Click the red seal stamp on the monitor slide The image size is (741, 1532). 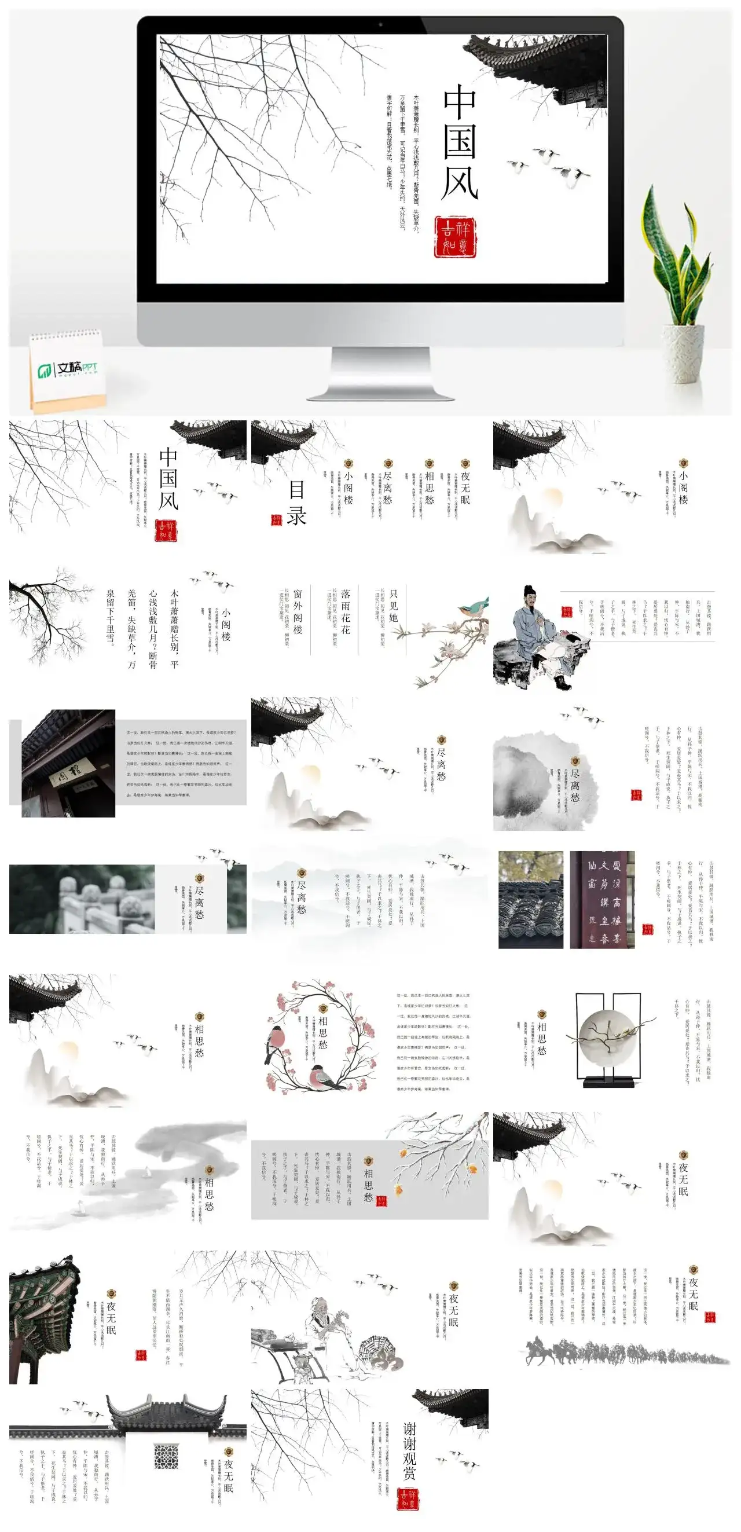click(x=456, y=237)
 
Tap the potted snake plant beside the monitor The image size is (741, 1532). click(x=678, y=280)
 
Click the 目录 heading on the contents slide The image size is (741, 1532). click(x=297, y=503)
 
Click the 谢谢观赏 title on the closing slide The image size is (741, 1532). click(x=409, y=1450)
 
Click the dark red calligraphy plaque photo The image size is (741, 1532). click(x=602, y=899)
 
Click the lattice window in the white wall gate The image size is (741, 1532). click(x=166, y=1457)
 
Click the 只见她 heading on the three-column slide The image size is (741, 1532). click(x=394, y=606)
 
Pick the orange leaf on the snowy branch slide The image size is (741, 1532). click(x=472, y=1168)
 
